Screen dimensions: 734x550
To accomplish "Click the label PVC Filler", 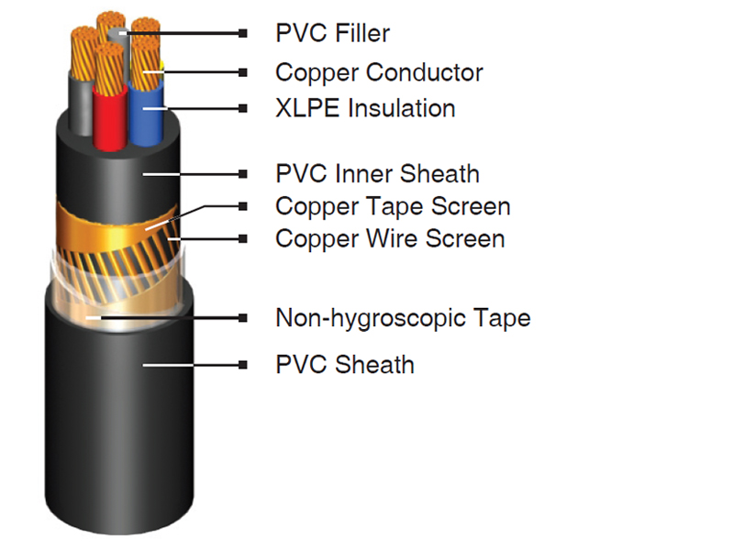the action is coord(332,33).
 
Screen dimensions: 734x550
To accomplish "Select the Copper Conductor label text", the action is coord(379,72).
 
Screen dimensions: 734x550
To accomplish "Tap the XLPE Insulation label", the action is coord(365,108).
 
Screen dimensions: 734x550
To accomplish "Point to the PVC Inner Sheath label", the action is coord(377,173).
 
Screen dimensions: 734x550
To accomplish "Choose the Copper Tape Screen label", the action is coord(393,206).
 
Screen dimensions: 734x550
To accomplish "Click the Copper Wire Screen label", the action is coord(390,238).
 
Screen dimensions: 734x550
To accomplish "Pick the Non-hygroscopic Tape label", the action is coord(403,318).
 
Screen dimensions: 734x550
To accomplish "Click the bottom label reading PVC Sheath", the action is coord(345,364).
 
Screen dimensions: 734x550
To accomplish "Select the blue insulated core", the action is coord(146,112).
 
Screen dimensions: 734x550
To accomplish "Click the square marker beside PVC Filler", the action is coord(242,33).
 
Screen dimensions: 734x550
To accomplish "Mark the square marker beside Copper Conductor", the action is coord(242,72).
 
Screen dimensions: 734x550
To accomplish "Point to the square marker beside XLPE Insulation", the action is coord(242,108).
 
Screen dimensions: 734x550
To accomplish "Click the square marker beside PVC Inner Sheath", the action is coord(242,174).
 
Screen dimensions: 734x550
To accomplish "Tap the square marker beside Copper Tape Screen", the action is coord(242,206).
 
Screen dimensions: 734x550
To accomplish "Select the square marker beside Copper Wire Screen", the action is coord(242,239).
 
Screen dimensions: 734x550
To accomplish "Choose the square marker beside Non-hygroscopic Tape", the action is coord(242,318).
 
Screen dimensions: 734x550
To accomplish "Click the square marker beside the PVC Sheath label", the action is coord(242,365).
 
